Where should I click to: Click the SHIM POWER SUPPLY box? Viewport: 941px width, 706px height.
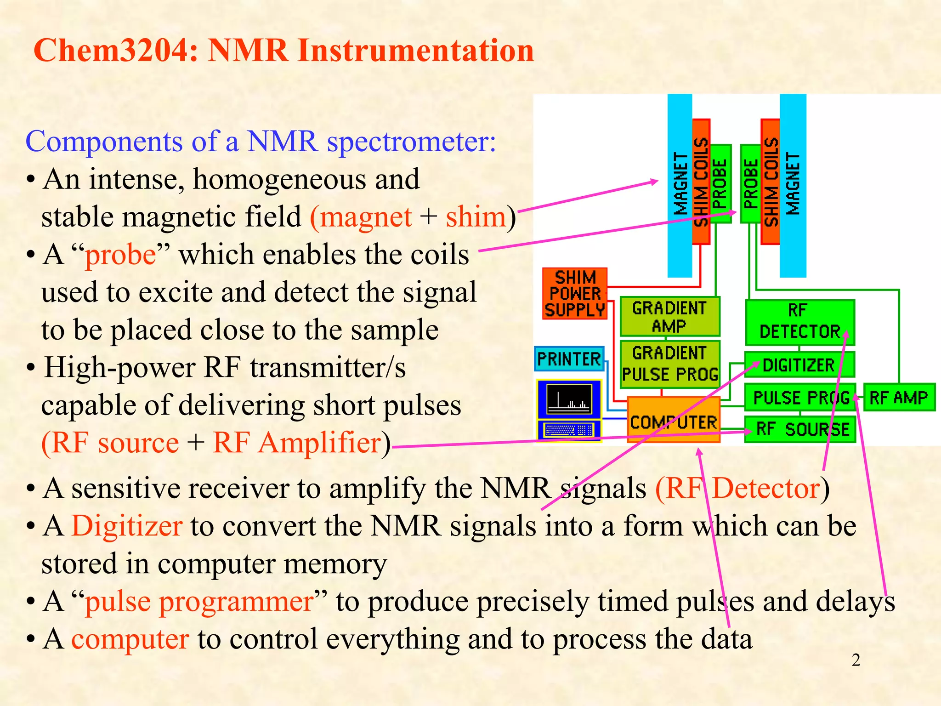click(x=575, y=294)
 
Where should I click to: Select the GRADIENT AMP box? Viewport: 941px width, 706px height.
click(x=669, y=317)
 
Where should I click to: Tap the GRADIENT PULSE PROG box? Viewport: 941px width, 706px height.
click(x=669, y=364)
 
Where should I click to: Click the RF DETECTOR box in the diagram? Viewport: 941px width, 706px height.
click(x=799, y=322)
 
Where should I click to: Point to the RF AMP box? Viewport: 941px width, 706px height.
click(x=899, y=397)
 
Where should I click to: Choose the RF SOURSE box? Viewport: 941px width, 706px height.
click(x=800, y=429)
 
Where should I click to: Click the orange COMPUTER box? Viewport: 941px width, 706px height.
click(x=673, y=420)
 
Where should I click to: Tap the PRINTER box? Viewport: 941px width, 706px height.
click(x=569, y=359)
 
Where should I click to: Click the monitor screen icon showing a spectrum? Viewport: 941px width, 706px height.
click(x=569, y=399)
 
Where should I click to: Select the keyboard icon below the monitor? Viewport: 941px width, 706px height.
click(x=569, y=430)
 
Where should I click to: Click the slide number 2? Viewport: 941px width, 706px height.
click(x=856, y=660)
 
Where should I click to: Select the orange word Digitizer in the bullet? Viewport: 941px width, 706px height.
click(x=127, y=526)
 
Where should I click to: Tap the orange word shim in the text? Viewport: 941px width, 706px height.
click(x=476, y=216)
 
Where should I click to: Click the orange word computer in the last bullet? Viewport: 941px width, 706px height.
click(x=130, y=639)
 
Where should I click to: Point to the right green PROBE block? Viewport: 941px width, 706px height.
click(x=750, y=184)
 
